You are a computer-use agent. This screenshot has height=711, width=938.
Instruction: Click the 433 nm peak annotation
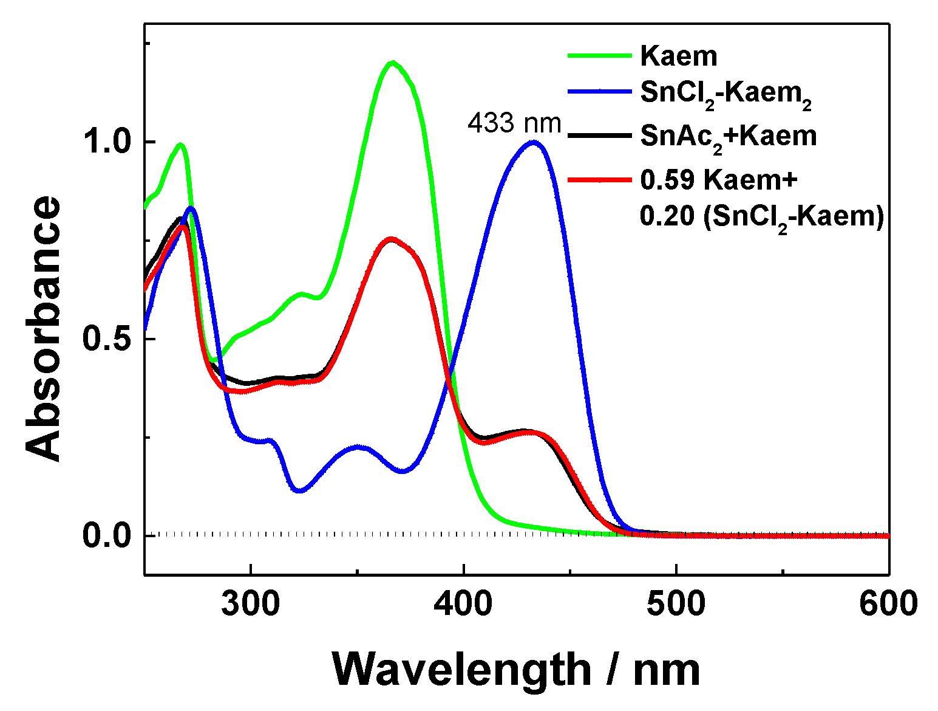tap(514, 123)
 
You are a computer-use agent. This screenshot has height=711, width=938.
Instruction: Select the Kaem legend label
tap(679, 56)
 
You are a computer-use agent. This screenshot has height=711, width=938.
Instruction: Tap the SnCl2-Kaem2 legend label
tap(726, 95)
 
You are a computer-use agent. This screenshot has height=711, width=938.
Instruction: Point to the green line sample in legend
tap(600, 56)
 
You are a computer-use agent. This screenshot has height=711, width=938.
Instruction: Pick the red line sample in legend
tap(600, 179)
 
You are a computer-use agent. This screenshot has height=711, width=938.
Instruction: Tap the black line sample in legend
tap(600, 136)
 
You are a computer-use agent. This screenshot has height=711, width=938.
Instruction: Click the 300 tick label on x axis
tap(250, 604)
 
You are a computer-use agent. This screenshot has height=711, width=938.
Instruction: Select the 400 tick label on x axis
tap(463, 604)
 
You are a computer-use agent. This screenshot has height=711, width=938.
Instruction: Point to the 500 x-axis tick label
tap(676, 604)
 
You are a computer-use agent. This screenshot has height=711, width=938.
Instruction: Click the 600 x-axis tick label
tap(888, 604)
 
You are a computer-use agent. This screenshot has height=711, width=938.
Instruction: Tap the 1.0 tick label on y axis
tap(107, 142)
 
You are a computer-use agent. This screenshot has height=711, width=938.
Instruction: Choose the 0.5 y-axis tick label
tap(107, 339)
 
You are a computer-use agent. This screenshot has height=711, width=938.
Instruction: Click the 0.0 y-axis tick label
tap(107, 536)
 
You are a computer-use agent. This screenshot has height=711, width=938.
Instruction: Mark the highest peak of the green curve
tap(393, 62)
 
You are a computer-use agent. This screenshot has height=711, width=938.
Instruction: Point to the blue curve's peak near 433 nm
tap(533, 142)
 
